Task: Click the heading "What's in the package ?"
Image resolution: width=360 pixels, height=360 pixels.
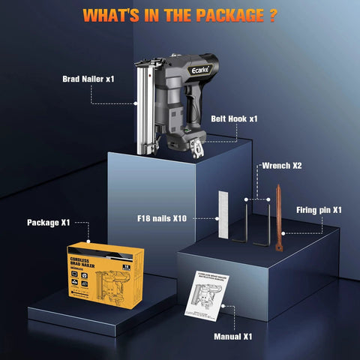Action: click(180, 15)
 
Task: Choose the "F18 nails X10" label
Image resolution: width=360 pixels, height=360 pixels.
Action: click(163, 218)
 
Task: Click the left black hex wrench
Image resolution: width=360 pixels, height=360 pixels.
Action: click(248, 221)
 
